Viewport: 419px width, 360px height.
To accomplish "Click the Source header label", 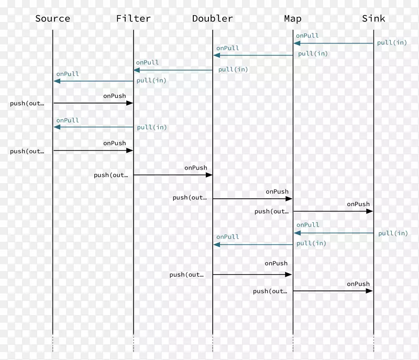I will tap(52, 19).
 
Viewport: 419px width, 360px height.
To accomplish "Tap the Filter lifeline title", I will tap(134, 19).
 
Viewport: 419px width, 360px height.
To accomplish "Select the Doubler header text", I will tap(212, 19).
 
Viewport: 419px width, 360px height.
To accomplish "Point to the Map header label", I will tap(293, 19).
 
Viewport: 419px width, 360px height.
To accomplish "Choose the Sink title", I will tap(373, 19).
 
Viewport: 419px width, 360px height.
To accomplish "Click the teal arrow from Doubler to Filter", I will tap(173, 70).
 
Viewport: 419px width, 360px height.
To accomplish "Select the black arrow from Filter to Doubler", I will tap(173, 175).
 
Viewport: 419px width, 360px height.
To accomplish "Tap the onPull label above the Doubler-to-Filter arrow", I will tap(147, 62).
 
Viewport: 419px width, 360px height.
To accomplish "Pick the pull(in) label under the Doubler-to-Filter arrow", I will tap(233, 69).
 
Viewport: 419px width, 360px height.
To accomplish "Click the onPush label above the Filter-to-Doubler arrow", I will tap(195, 168).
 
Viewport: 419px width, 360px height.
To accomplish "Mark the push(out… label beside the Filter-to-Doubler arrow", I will tap(111, 175).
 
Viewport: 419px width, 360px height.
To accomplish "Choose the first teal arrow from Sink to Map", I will tap(333, 43).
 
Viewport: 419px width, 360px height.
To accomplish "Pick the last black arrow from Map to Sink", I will tap(333, 291).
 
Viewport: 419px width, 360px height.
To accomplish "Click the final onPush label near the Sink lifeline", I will tap(358, 284).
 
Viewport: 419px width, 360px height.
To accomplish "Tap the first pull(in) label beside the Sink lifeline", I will tap(392, 43).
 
